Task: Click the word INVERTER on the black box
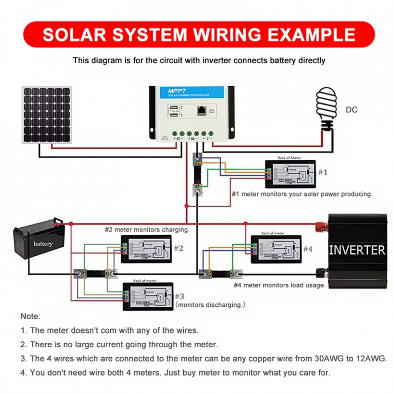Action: coord(357,250)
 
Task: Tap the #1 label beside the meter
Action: coord(322,172)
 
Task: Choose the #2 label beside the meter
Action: coord(178,248)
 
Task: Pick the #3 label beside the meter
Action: coord(179,296)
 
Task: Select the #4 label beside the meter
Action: coord(307,249)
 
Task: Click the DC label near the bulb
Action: coord(351,110)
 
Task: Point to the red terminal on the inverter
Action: coord(322,224)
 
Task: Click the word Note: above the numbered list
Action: coord(30,317)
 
